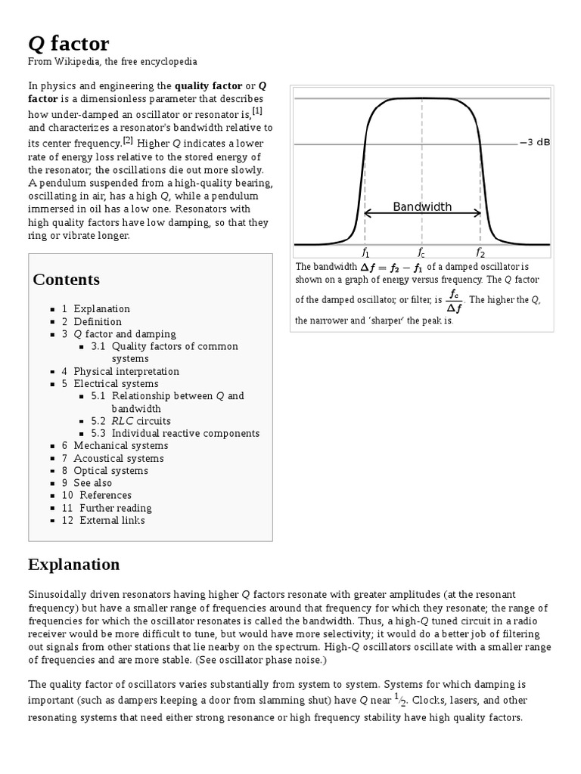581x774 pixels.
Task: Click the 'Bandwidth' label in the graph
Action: [422, 206]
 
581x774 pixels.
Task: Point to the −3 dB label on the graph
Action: [535, 142]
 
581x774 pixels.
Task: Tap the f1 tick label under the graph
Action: [365, 252]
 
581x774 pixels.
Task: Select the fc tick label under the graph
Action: [421, 252]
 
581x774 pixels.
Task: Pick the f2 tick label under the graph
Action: [480, 252]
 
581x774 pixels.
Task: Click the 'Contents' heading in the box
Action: [67, 280]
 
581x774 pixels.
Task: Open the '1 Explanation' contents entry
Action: [96, 308]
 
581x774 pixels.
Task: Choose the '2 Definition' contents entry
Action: [92, 321]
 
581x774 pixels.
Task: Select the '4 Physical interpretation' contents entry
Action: [120, 371]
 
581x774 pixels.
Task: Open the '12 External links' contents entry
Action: [103, 520]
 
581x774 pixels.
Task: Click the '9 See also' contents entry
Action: [87, 483]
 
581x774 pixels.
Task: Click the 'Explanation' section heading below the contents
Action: [74, 564]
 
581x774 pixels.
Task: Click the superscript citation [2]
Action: [128, 140]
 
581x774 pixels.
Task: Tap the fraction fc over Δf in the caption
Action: [454, 299]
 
